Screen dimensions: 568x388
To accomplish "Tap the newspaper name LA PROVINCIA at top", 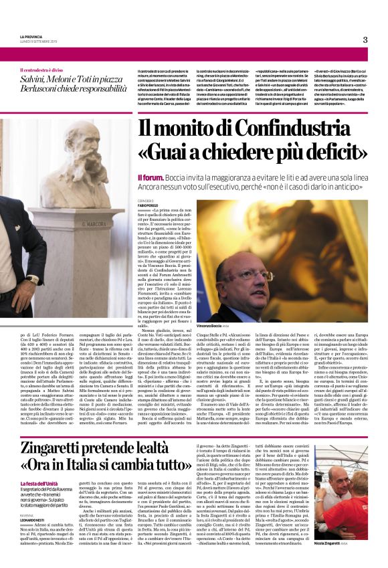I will (31, 37).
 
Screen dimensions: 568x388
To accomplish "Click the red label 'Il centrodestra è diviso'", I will (45, 70).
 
